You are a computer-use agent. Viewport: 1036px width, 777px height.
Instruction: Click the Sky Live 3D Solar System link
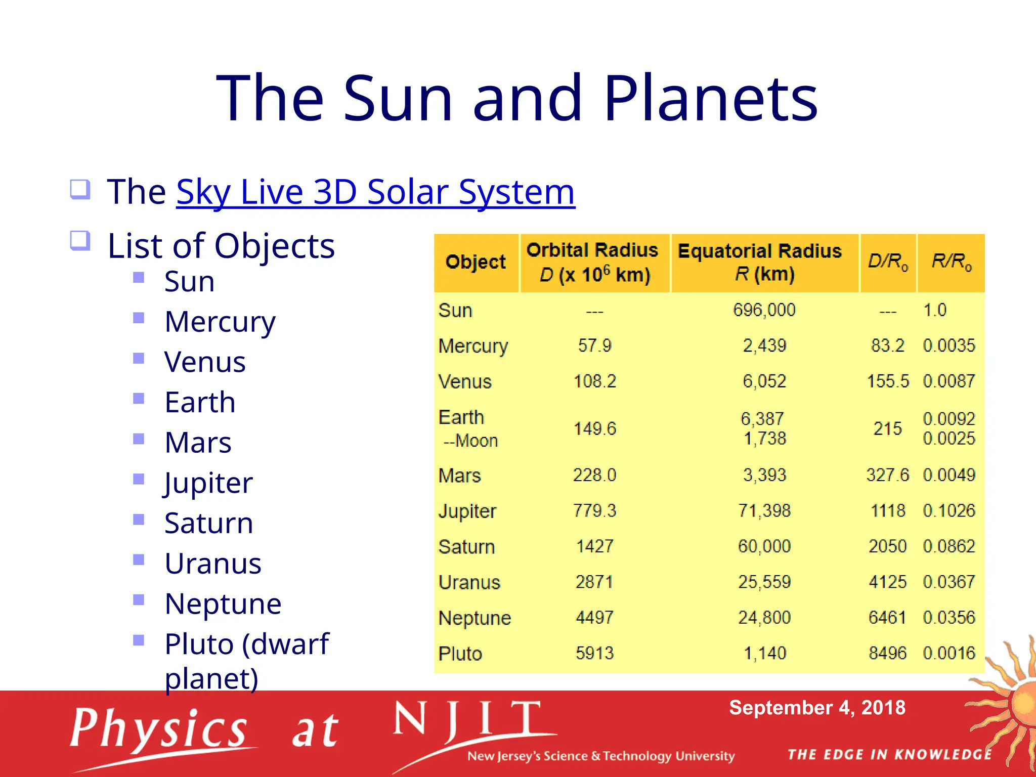(375, 192)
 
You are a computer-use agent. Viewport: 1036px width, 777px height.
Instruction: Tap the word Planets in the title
(710, 98)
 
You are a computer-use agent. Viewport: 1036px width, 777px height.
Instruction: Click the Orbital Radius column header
(592, 263)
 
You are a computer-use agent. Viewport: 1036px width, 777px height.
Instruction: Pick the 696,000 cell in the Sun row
(764, 310)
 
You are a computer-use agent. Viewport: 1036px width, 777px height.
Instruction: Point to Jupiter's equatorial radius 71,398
(764, 510)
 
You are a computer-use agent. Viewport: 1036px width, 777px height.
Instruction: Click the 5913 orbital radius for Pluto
(594, 653)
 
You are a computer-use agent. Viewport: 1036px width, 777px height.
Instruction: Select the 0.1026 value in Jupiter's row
(948, 510)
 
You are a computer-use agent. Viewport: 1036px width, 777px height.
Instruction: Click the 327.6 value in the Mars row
(887, 475)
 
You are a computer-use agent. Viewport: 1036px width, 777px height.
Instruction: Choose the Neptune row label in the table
(474, 618)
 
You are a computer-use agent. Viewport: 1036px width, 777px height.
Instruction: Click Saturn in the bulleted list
(208, 523)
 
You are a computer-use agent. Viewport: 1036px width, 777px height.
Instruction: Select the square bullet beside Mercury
(139, 318)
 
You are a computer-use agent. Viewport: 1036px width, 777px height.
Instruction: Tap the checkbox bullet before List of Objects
(80, 241)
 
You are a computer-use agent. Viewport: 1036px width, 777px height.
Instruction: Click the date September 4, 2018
(817, 708)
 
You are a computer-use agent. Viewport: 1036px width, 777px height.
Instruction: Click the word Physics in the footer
(159, 729)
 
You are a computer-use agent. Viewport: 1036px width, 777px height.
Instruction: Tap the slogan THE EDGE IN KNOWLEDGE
(889, 755)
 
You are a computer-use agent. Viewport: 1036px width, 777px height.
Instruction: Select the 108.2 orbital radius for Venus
(594, 381)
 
